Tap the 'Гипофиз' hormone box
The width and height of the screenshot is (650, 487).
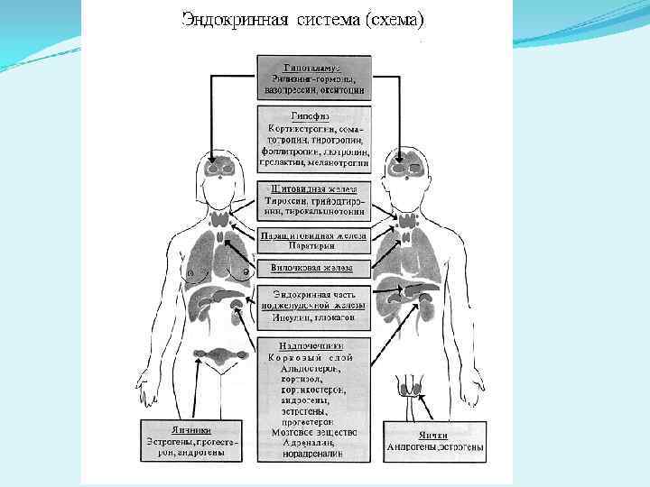(x=313, y=142)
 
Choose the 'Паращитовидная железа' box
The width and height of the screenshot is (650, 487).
(x=313, y=240)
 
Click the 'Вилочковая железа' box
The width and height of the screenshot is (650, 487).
(x=313, y=268)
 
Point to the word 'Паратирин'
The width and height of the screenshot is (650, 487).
(x=313, y=245)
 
